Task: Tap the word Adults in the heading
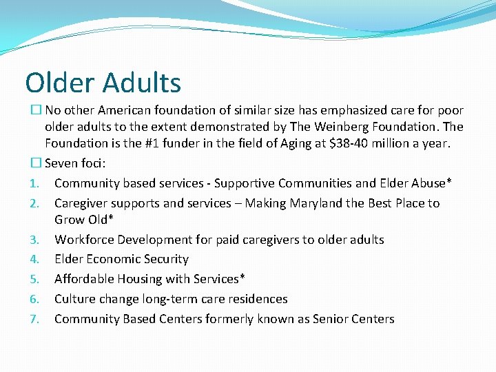(142, 83)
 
